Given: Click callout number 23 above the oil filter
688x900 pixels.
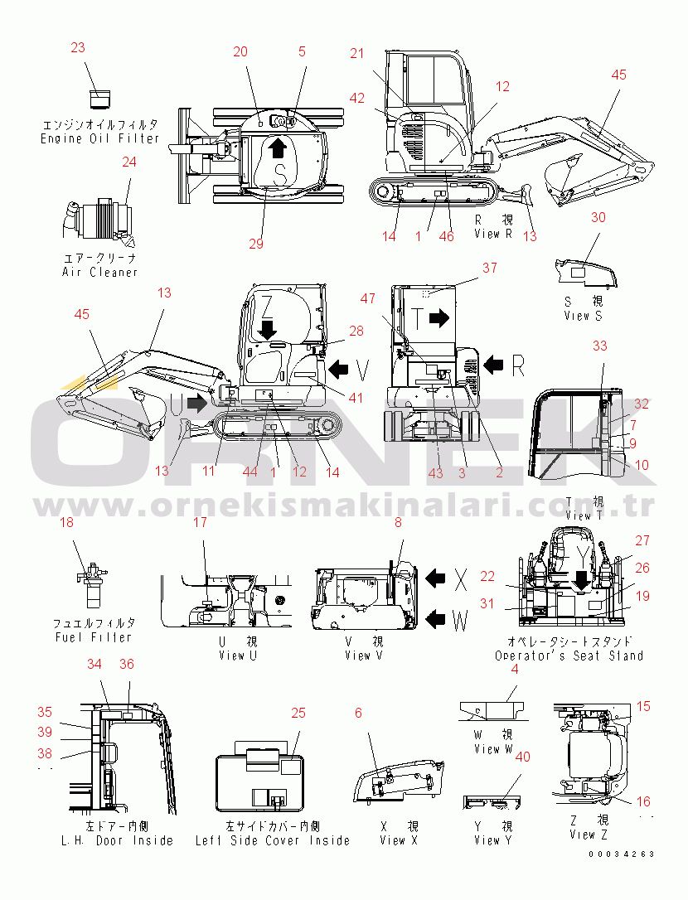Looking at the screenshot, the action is (x=78, y=47).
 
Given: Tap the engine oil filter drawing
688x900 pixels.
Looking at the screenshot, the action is (x=100, y=99).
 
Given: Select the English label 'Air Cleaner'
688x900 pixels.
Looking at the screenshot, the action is (x=100, y=272).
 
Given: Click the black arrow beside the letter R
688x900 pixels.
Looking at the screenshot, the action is (x=493, y=364).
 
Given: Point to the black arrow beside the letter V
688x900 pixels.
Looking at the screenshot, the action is (x=338, y=369).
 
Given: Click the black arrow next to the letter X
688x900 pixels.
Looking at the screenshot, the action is (x=435, y=578).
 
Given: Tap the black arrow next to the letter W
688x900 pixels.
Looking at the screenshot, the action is (x=435, y=619).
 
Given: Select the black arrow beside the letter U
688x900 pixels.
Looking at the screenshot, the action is (x=197, y=403).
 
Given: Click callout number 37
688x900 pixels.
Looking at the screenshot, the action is (x=489, y=268).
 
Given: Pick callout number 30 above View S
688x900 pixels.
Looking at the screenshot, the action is (x=598, y=217).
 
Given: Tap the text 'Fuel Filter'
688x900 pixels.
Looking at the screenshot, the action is (x=94, y=637).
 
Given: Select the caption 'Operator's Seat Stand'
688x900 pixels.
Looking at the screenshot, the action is (x=569, y=656).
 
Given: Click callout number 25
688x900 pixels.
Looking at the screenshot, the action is (x=298, y=713).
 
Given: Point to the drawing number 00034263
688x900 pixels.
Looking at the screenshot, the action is (x=622, y=854).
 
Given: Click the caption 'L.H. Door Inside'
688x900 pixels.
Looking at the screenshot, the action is (x=117, y=840).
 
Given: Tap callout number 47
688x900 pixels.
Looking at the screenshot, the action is (x=367, y=298).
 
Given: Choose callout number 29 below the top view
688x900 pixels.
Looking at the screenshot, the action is (x=256, y=244).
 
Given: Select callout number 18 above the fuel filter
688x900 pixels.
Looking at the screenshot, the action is (x=66, y=522).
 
